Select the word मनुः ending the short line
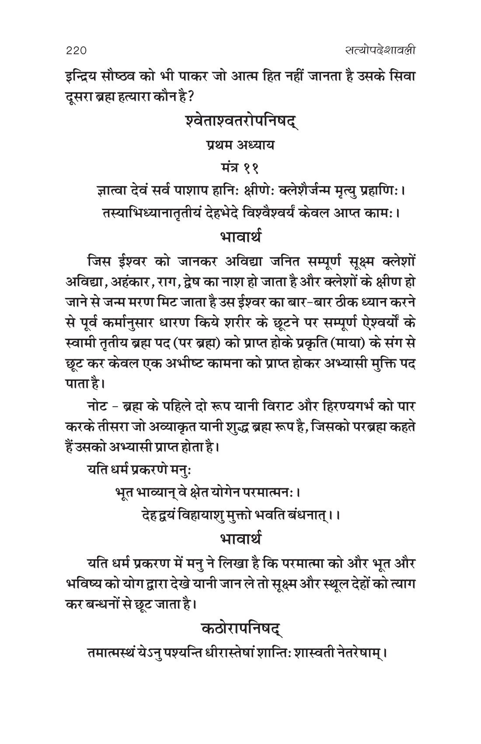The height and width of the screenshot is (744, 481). (181, 470)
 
